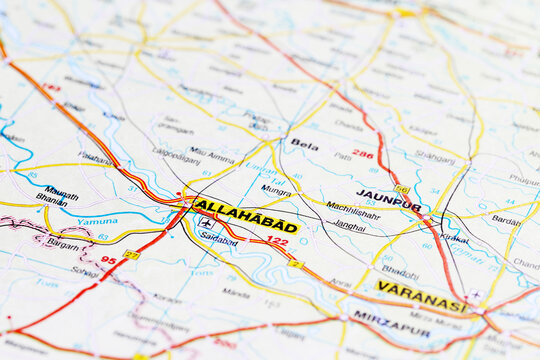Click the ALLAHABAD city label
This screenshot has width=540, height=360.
[245, 216]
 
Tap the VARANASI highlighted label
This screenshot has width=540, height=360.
[420, 296]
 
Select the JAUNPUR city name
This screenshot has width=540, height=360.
[388, 199]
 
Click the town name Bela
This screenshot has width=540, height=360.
[304, 145]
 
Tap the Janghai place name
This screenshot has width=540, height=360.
[349, 226]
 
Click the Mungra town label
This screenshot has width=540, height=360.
[275, 189]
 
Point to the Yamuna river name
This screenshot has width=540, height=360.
[97, 221]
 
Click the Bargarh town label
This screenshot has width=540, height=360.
[63, 244]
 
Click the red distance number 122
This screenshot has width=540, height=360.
[277, 241]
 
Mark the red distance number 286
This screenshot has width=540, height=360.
[362, 154]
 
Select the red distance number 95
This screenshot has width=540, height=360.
[108, 260]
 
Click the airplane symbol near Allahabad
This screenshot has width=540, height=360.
[206, 224]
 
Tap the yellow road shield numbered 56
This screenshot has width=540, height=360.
[401, 189]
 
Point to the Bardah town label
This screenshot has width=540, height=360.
[506, 220]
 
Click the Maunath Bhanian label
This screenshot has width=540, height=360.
[58, 194]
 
